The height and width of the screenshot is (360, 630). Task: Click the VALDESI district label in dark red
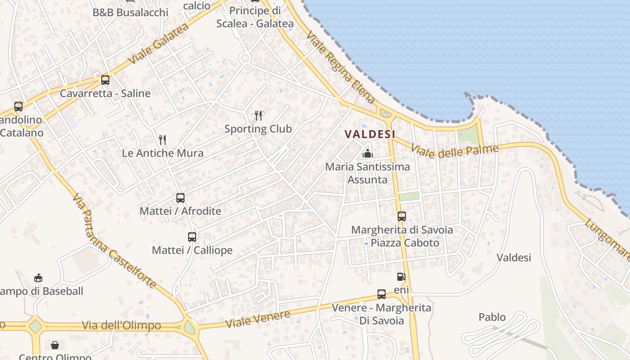pyautogui.click(x=370, y=134)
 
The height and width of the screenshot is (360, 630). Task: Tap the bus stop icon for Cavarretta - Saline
pyautogui.click(x=105, y=80)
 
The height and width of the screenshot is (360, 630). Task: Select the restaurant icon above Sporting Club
pyautogui.click(x=258, y=116)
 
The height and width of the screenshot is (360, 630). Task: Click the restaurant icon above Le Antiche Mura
pyautogui.click(x=162, y=140)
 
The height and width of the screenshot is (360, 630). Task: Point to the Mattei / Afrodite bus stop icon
pyautogui.click(x=180, y=198)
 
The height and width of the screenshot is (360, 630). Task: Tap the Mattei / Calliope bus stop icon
pyautogui.click(x=192, y=237)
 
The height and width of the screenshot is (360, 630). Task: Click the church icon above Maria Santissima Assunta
pyautogui.click(x=368, y=153)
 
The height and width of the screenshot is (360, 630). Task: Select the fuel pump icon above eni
pyautogui.click(x=401, y=277)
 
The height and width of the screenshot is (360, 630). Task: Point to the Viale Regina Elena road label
pyautogui.click(x=341, y=67)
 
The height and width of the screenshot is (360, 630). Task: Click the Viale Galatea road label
pyautogui.click(x=158, y=44)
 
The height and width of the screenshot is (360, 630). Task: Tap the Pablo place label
pyautogui.click(x=492, y=317)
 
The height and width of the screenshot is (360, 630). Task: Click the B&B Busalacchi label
pyautogui.click(x=130, y=12)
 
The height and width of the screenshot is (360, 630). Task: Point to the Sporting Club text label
pyautogui.click(x=258, y=129)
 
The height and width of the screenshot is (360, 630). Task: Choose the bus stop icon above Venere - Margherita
pyautogui.click(x=382, y=294)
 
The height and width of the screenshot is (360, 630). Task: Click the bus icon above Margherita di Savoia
pyautogui.click(x=402, y=216)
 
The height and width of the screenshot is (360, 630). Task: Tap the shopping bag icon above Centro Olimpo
pyautogui.click(x=55, y=345)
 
